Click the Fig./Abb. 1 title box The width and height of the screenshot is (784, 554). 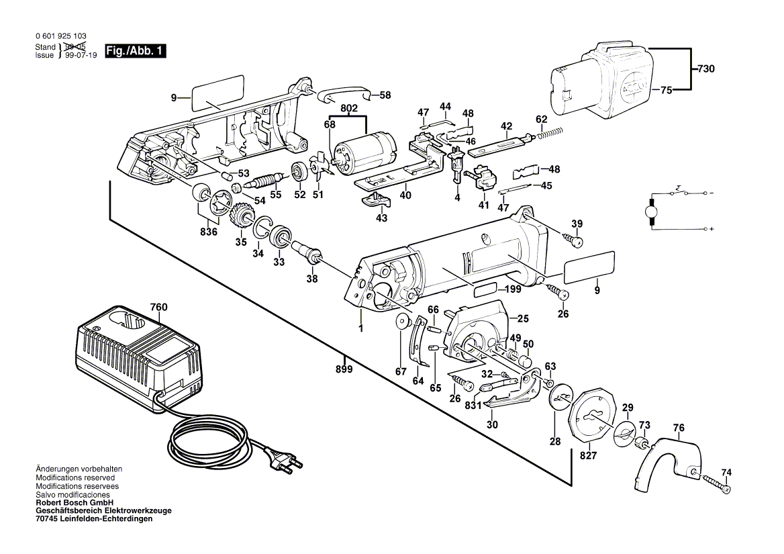click(135, 51)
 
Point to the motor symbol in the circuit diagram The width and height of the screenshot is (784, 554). click(650, 212)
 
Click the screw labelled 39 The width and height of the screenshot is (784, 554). click(574, 239)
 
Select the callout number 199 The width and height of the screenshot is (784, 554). click(514, 290)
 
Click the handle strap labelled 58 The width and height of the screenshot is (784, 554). click(346, 93)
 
